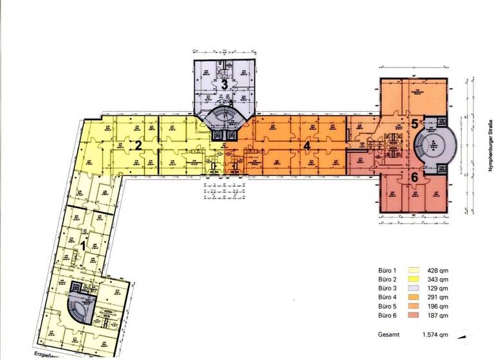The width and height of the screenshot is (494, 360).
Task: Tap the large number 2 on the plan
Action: tap(138, 145)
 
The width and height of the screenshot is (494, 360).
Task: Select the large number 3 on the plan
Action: tap(224, 84)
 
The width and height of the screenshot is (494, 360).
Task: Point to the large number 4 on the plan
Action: tap(307, 146)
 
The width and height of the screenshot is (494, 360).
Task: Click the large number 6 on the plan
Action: tap(414, 177)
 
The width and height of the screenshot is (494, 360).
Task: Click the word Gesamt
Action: tap(386, 334)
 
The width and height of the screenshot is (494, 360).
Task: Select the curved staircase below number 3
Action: tap(224, 118)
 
